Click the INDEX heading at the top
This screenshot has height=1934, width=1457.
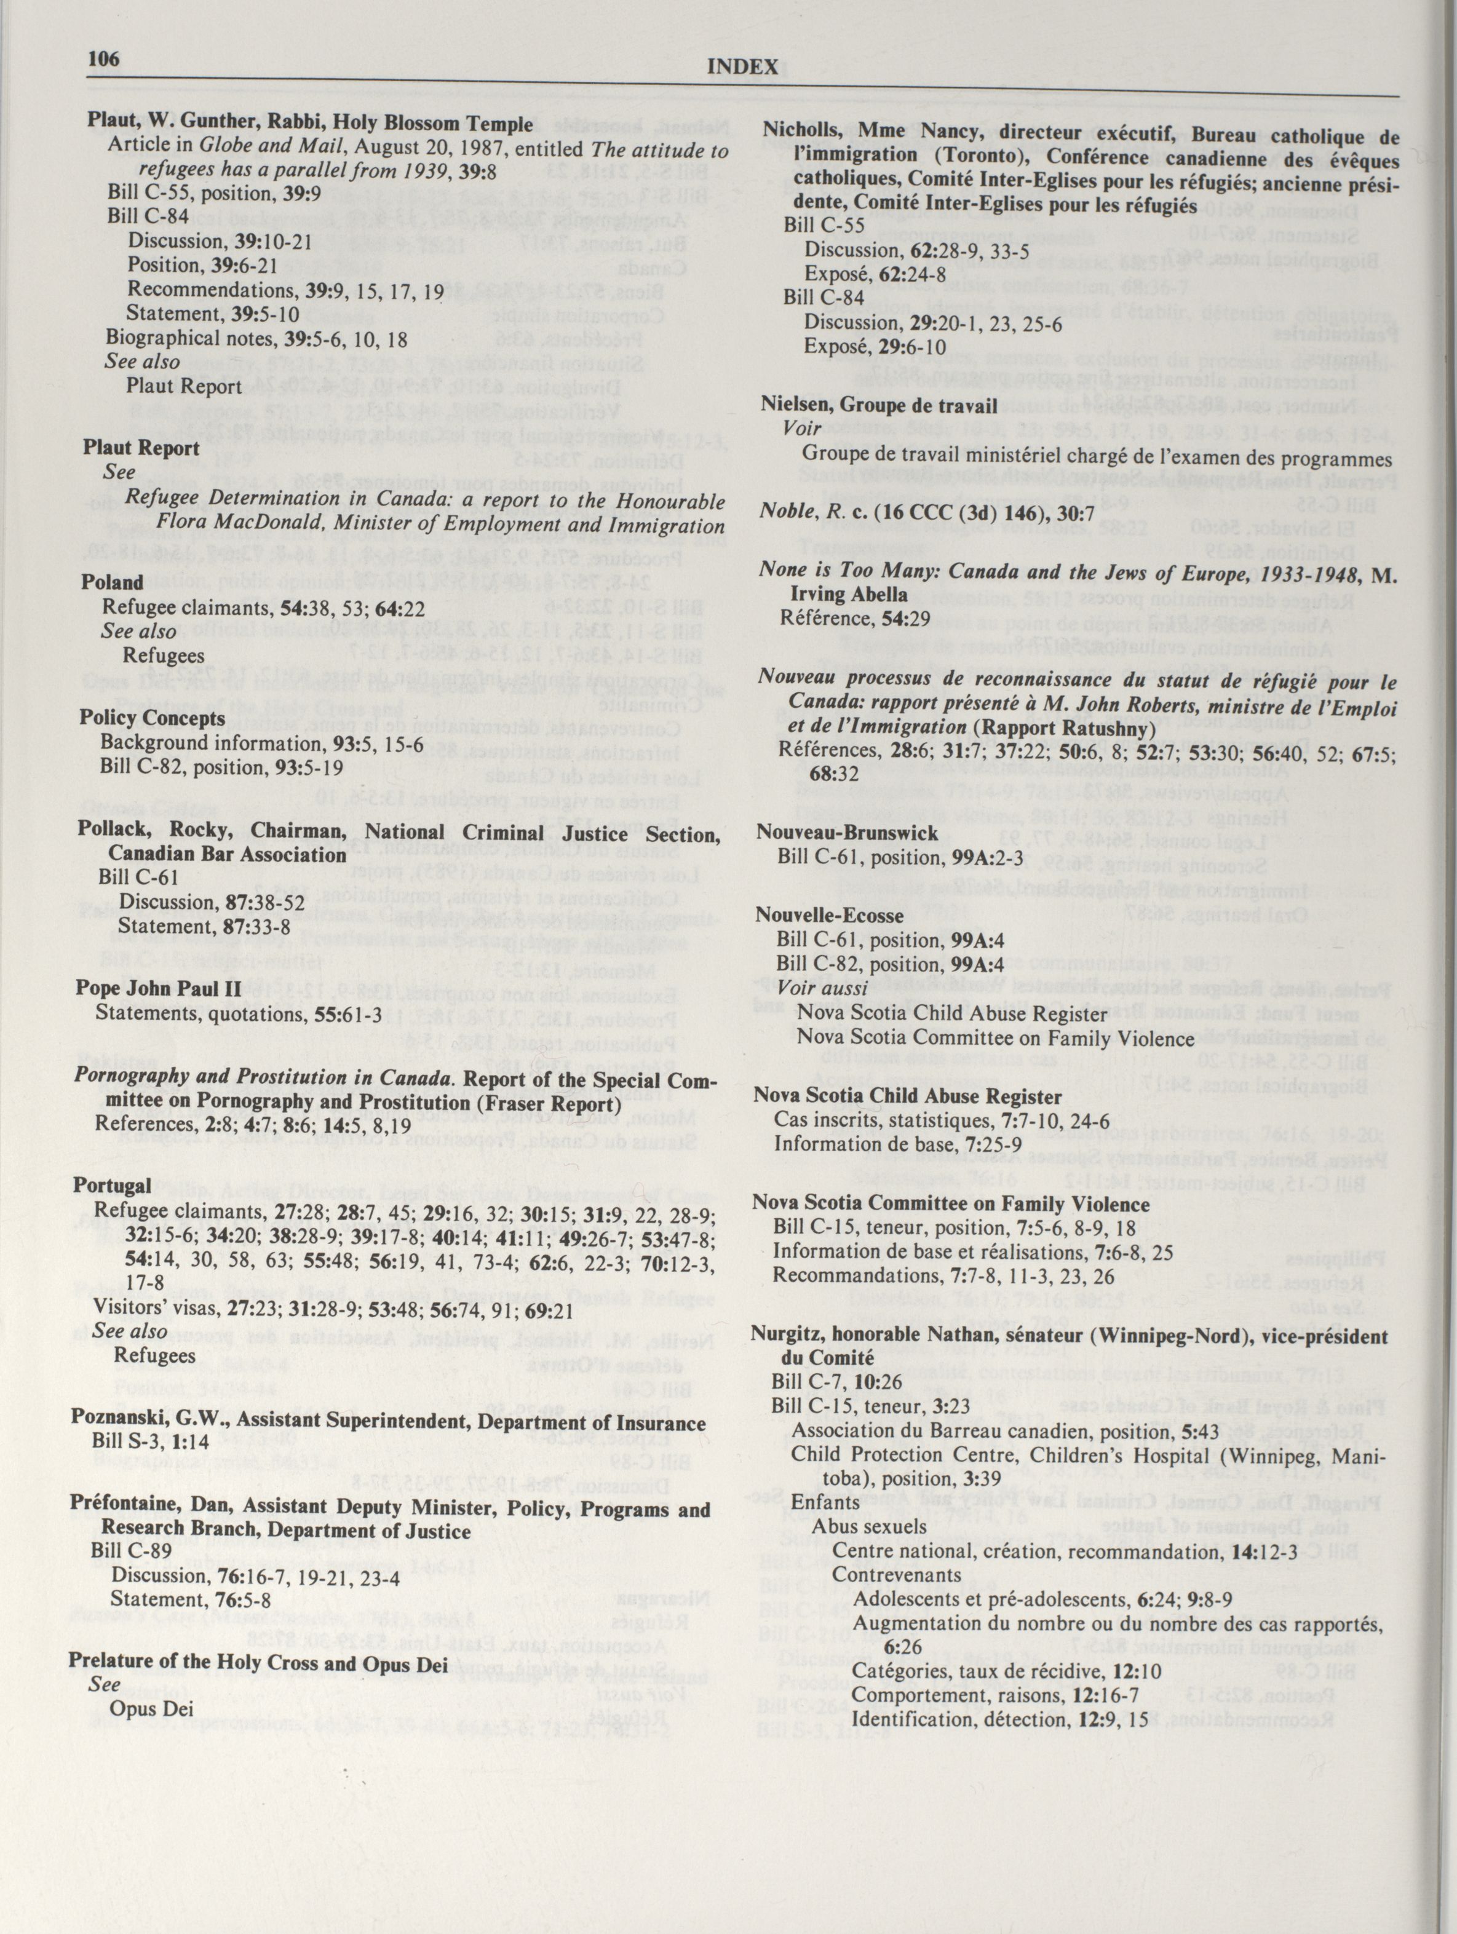[x=742, y=67]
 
